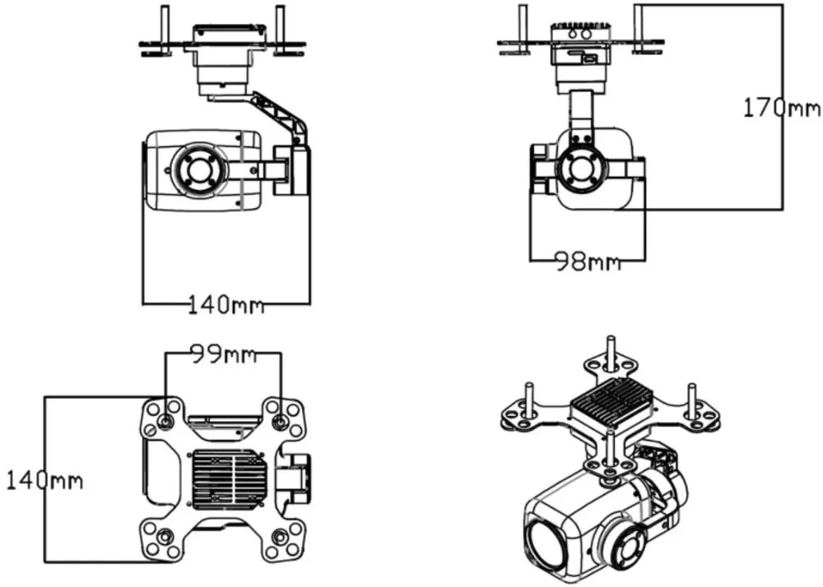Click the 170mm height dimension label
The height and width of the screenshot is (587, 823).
pos(782,109)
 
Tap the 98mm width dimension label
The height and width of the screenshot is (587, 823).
pos(588,260)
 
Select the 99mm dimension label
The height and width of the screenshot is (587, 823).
pos(223,354)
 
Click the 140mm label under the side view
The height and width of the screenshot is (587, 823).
pos(226,304)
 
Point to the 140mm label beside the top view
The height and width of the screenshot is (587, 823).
pos(44,481)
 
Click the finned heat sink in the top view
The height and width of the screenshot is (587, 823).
pos(230,479)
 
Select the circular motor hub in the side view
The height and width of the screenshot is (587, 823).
pos(199,170)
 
